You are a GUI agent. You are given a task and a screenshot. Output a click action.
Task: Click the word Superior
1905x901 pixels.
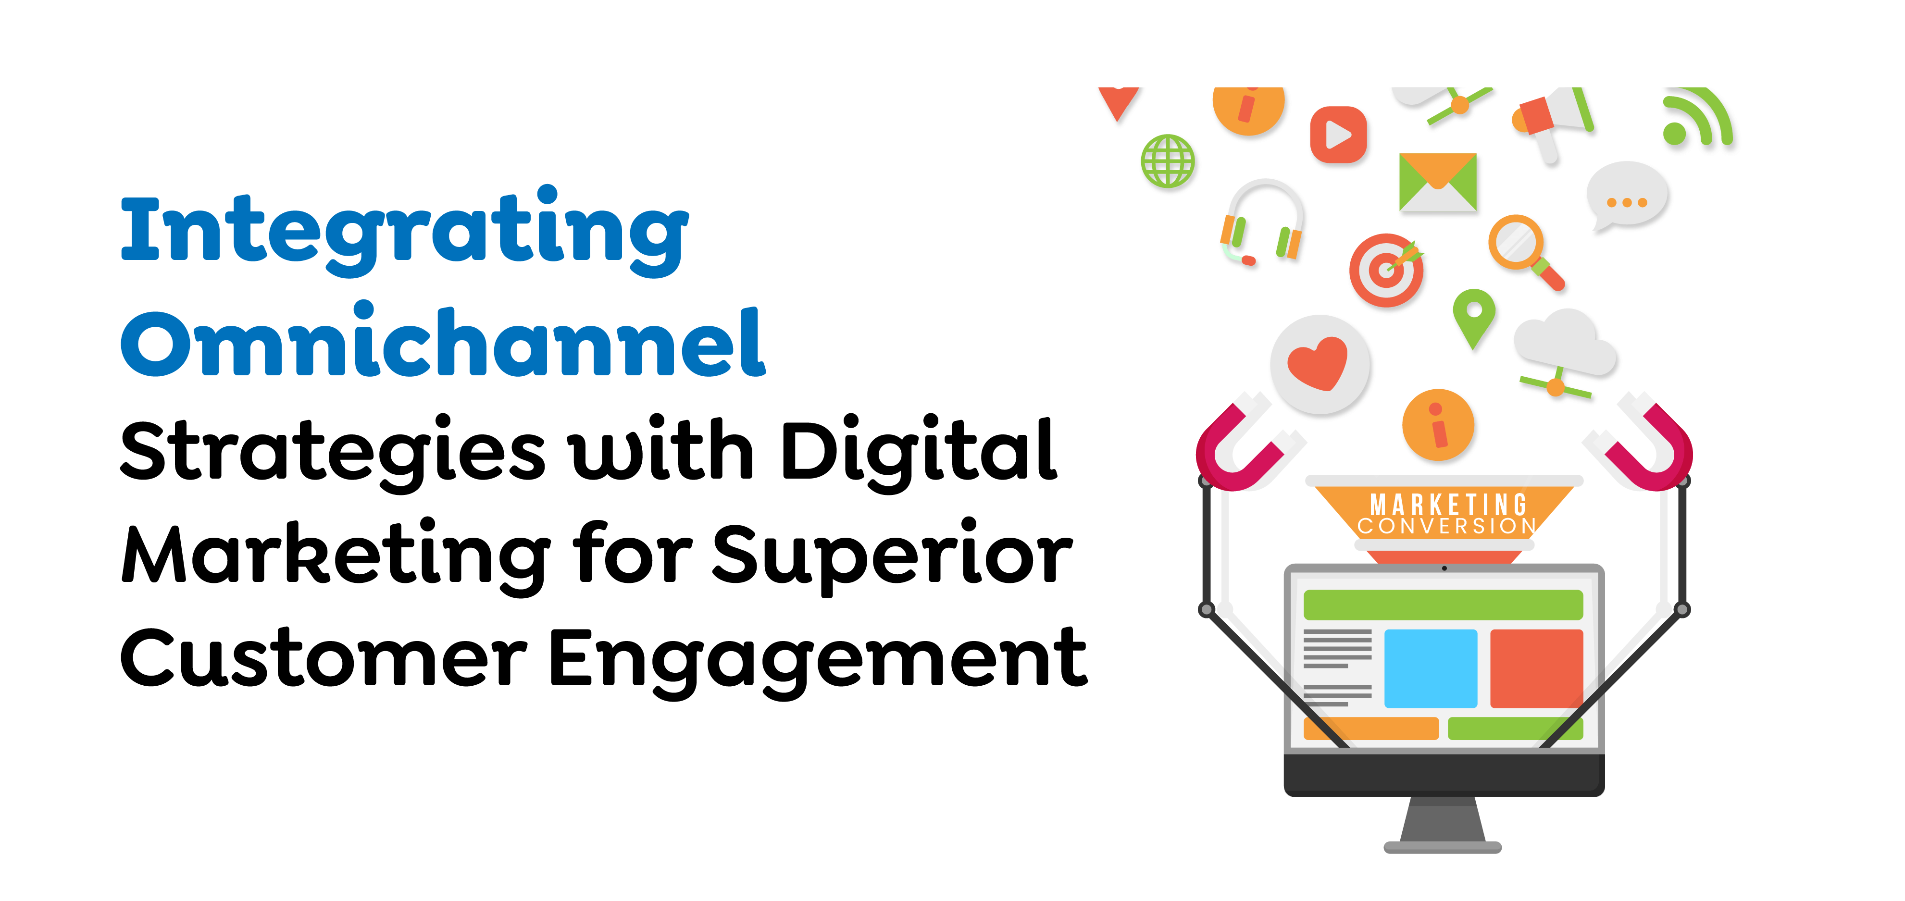tap(892, 555)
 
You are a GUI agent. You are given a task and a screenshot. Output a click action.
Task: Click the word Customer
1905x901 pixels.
tap(323, 658)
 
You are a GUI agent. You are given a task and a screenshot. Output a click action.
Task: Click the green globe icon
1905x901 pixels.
tap(1167, 161)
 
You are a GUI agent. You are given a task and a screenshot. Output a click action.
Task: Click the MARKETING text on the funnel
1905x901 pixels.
tap(1447, 505)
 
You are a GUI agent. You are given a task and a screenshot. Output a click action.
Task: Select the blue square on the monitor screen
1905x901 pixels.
tap(1430, 668)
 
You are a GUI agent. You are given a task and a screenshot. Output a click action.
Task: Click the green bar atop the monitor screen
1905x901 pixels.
tap(1443, 605)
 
